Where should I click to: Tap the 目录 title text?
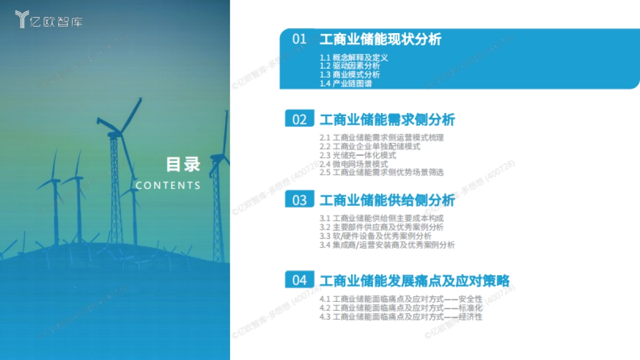(183, 164)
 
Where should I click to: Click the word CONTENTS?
(168, 186)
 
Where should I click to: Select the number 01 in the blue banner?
(300, 39)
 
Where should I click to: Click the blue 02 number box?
(300, 119)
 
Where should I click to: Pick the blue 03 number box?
(300, 200)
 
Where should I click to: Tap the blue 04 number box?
(300, 281)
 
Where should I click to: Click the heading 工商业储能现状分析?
(380, 39)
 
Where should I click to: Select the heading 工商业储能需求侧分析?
(387, 119)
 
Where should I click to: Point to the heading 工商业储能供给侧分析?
(387, 200)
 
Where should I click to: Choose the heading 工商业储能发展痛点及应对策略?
(414, 281)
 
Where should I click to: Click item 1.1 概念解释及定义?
(354, 58)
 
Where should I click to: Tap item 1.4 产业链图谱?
(346, 84)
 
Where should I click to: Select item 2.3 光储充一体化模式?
(358, 155)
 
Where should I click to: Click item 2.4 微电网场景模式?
(354, 164)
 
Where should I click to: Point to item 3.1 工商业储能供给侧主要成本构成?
(381, 218)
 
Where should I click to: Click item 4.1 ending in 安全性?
(401, 299)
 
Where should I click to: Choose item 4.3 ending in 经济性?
(401, 317)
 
